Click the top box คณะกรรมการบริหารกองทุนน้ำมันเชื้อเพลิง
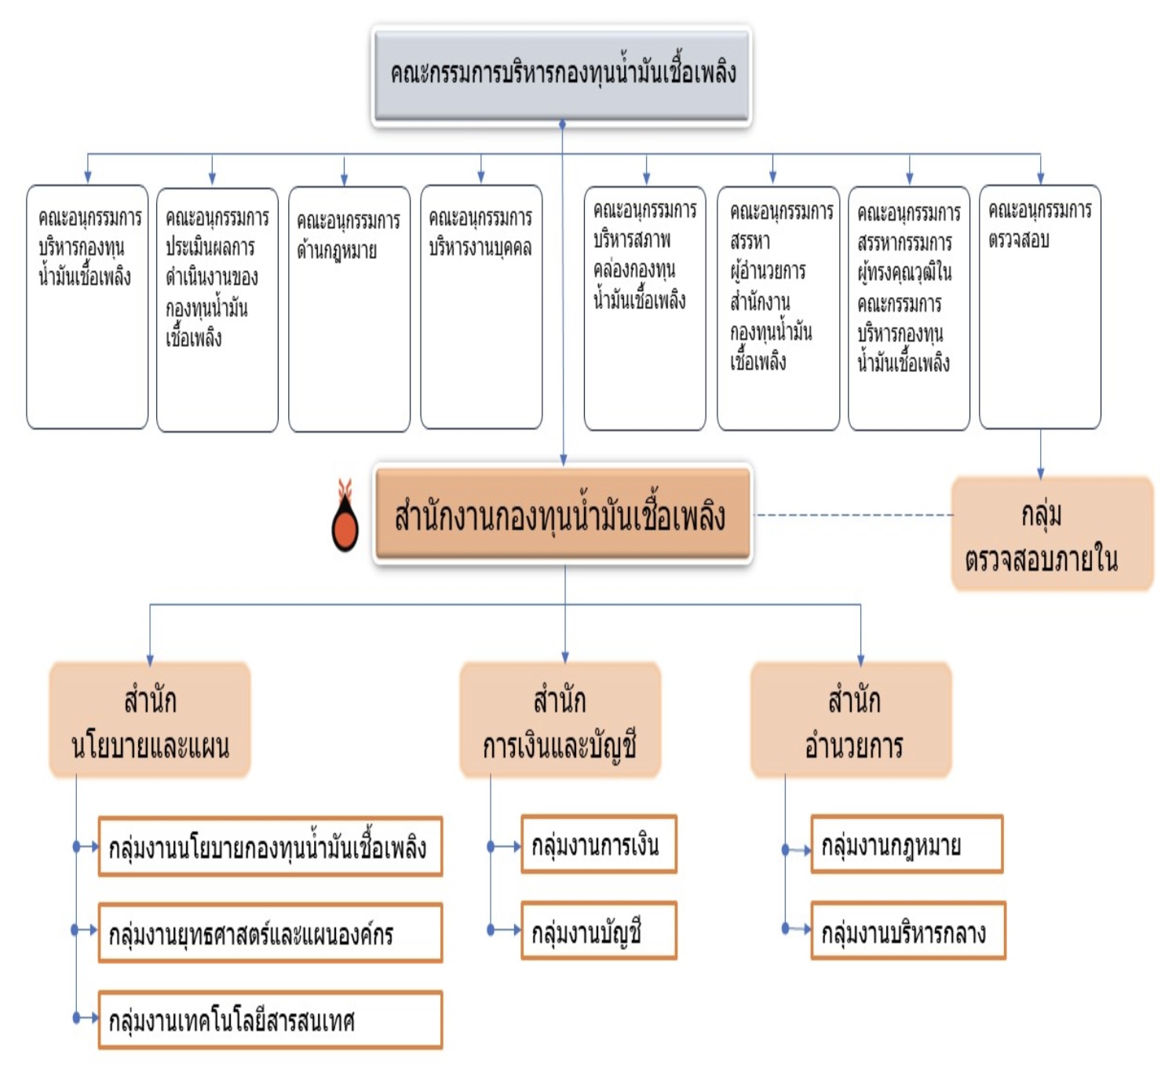(562, 75)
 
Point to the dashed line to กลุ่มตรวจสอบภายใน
(852, 515)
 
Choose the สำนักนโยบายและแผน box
(150, 720)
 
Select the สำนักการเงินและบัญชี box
(560, 720)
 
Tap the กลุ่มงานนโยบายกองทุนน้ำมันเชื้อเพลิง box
(270, 846)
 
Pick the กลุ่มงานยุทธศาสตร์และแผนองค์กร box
(270, 933)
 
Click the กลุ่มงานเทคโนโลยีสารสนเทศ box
(270, 1020)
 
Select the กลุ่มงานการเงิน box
(598, 845)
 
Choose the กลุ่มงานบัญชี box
(598, 931)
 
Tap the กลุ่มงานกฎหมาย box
(907, 845)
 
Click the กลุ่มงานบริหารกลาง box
(907, 931)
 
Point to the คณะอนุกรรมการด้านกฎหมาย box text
(348, 235)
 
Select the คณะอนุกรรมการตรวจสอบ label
(1039, 225)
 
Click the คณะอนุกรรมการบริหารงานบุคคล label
(480, 232)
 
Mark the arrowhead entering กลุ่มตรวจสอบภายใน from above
(1041, 473)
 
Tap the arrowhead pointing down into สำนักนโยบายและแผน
(150, 660)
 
